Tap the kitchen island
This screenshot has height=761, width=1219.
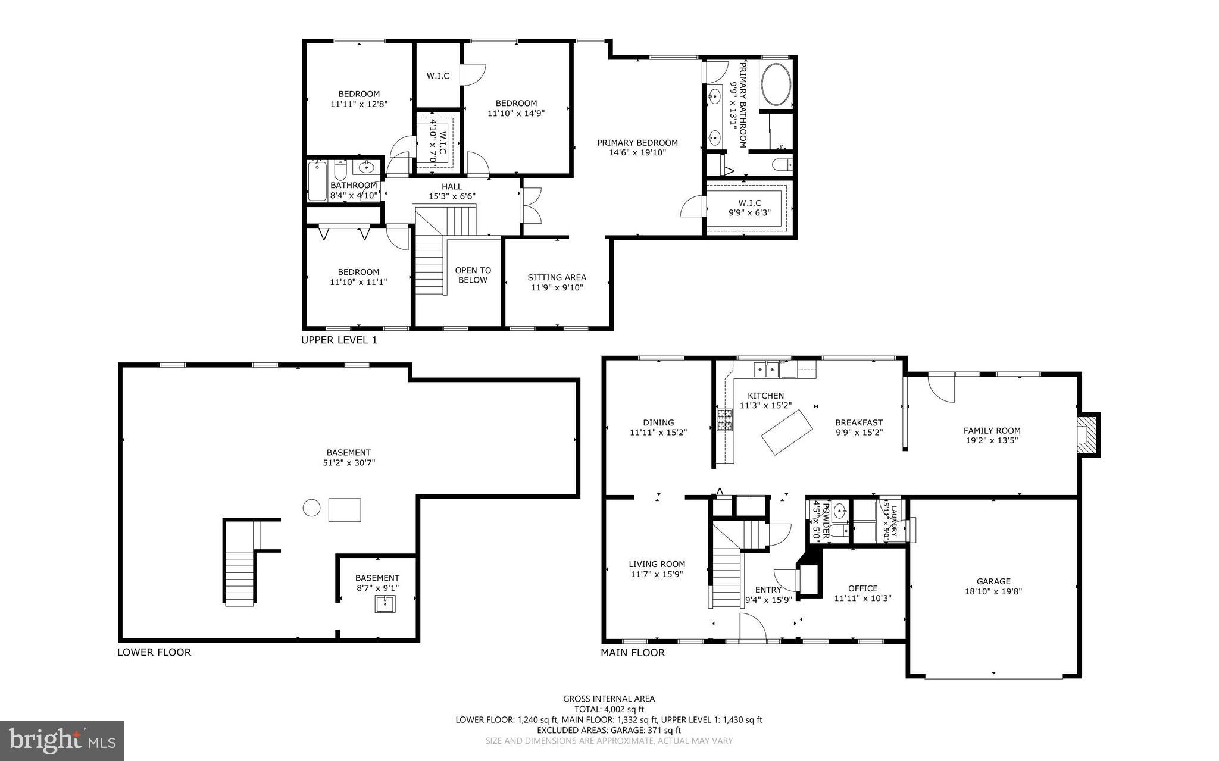coord(787,432)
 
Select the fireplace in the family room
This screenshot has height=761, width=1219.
coord(1087,435)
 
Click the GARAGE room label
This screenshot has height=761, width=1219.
coord(993,581)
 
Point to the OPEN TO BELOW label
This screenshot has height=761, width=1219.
coord(473,275)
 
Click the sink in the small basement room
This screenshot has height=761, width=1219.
coord(386,604)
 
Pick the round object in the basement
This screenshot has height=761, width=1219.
coord(311,508)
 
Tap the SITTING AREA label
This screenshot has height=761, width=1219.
coord(557,277)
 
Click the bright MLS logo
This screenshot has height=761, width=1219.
coord(61,740)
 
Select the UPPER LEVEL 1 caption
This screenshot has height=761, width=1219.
coord(339,340)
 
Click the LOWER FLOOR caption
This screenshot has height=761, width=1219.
coord(154,652)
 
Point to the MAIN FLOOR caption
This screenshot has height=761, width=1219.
coord(632,653)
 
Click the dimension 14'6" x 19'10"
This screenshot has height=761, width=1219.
coord(637,152)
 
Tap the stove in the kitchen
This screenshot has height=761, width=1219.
coord(724,419)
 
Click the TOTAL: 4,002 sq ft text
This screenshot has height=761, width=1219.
coord(609,709)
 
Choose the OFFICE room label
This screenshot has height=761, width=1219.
coord(862,588)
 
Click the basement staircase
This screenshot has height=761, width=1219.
coord(240,577)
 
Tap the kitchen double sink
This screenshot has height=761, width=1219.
coord(766,370)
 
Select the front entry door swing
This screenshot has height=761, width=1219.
coord(752,627)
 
